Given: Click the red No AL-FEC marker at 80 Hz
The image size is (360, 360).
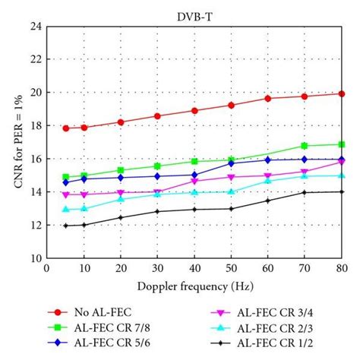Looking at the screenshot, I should coord(341,93).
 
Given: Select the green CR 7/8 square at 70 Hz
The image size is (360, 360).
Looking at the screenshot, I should coord(305,145).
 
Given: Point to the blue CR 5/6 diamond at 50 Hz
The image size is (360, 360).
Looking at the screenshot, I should coord(231,163).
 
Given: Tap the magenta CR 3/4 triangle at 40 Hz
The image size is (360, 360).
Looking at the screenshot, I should coord(194,182).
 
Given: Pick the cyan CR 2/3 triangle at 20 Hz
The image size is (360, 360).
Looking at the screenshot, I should coord(121,198).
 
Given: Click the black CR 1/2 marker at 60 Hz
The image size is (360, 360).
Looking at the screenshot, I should coord(267,201).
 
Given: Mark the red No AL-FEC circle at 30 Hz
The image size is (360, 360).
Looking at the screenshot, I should coord(157,116).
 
